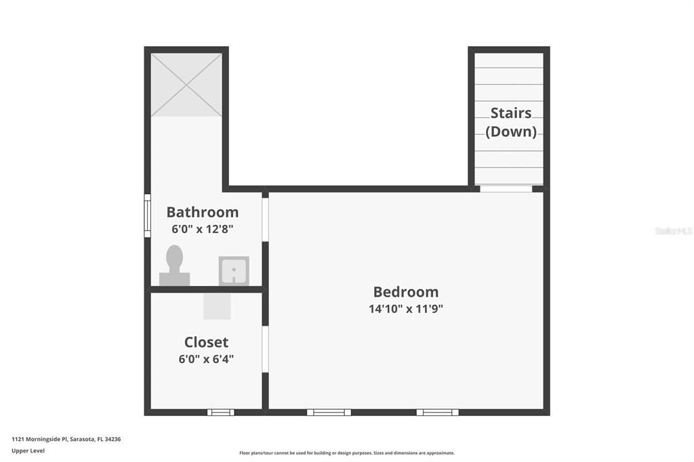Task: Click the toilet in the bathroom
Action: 174,266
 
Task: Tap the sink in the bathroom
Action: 234,271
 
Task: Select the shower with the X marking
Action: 186,85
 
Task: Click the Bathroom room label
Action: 203,212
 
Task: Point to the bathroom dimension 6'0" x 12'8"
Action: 203,229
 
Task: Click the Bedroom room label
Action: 406,292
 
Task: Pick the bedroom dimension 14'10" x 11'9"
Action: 406,309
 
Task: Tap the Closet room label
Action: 207,342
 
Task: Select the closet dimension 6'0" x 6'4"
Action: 207,359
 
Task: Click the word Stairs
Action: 511,113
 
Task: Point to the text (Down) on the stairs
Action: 511,131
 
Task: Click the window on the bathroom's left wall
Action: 147,216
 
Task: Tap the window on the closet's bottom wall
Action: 220,412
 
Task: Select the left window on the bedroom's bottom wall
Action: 329,412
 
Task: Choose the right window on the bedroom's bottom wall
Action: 437,412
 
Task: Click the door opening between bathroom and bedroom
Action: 266,219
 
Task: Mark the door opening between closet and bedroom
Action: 266,349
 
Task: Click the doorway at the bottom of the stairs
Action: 506,188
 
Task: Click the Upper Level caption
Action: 28,450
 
